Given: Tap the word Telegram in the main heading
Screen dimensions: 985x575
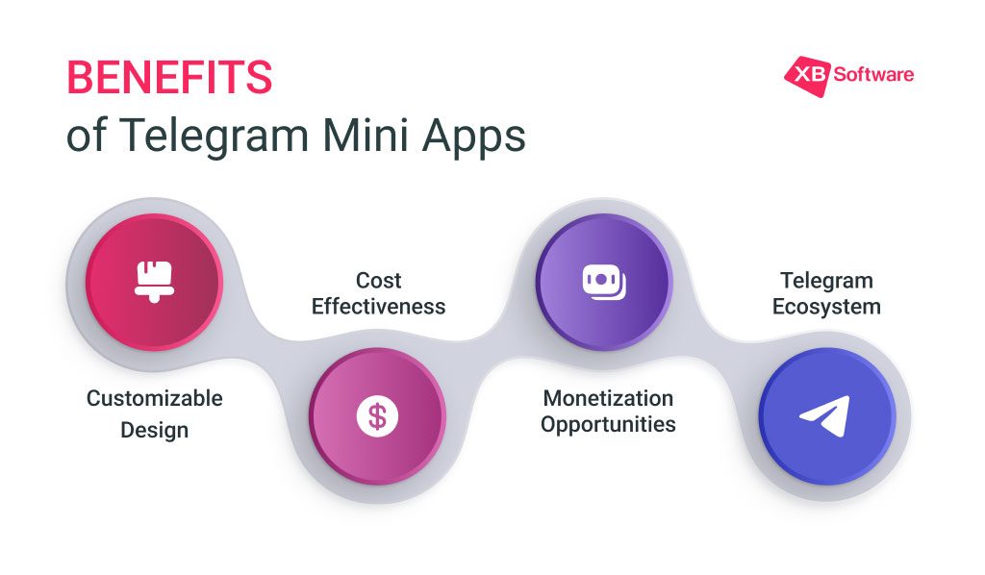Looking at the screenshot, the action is [x=214, y=137].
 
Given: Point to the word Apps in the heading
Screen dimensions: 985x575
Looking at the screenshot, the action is [x=473, y=137].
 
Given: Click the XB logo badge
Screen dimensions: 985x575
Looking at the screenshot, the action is [x=807, y=76].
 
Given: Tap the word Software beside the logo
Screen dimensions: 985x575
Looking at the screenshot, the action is [x=873, y=75].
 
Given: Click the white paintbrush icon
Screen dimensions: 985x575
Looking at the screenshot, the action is [x=154, y=282].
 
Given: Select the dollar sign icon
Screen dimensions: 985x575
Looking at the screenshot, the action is [x=377, y=416].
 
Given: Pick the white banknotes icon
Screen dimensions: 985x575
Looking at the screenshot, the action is [x=604, y=282].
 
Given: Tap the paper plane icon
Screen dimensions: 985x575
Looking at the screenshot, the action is [x=825, y=415].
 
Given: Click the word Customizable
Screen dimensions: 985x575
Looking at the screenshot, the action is [x=155, y=398].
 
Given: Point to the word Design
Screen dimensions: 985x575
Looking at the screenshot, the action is [x=155, y=431].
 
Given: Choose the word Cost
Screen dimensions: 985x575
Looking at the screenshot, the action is [x=378, y=281].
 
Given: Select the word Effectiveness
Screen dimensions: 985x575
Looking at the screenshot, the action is [x=378, y=307].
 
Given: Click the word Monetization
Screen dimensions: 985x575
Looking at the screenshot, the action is [x=608, y=398].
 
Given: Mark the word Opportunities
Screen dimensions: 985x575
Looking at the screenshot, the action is [x=608, y=425].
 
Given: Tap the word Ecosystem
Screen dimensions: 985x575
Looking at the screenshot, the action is [x=826, y=307].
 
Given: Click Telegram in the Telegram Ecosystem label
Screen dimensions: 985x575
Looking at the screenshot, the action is [x=826, y=281].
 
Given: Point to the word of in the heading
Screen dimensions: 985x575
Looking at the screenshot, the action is [x=87, y=136].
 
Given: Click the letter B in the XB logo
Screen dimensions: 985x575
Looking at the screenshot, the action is [x=817, y=74].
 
